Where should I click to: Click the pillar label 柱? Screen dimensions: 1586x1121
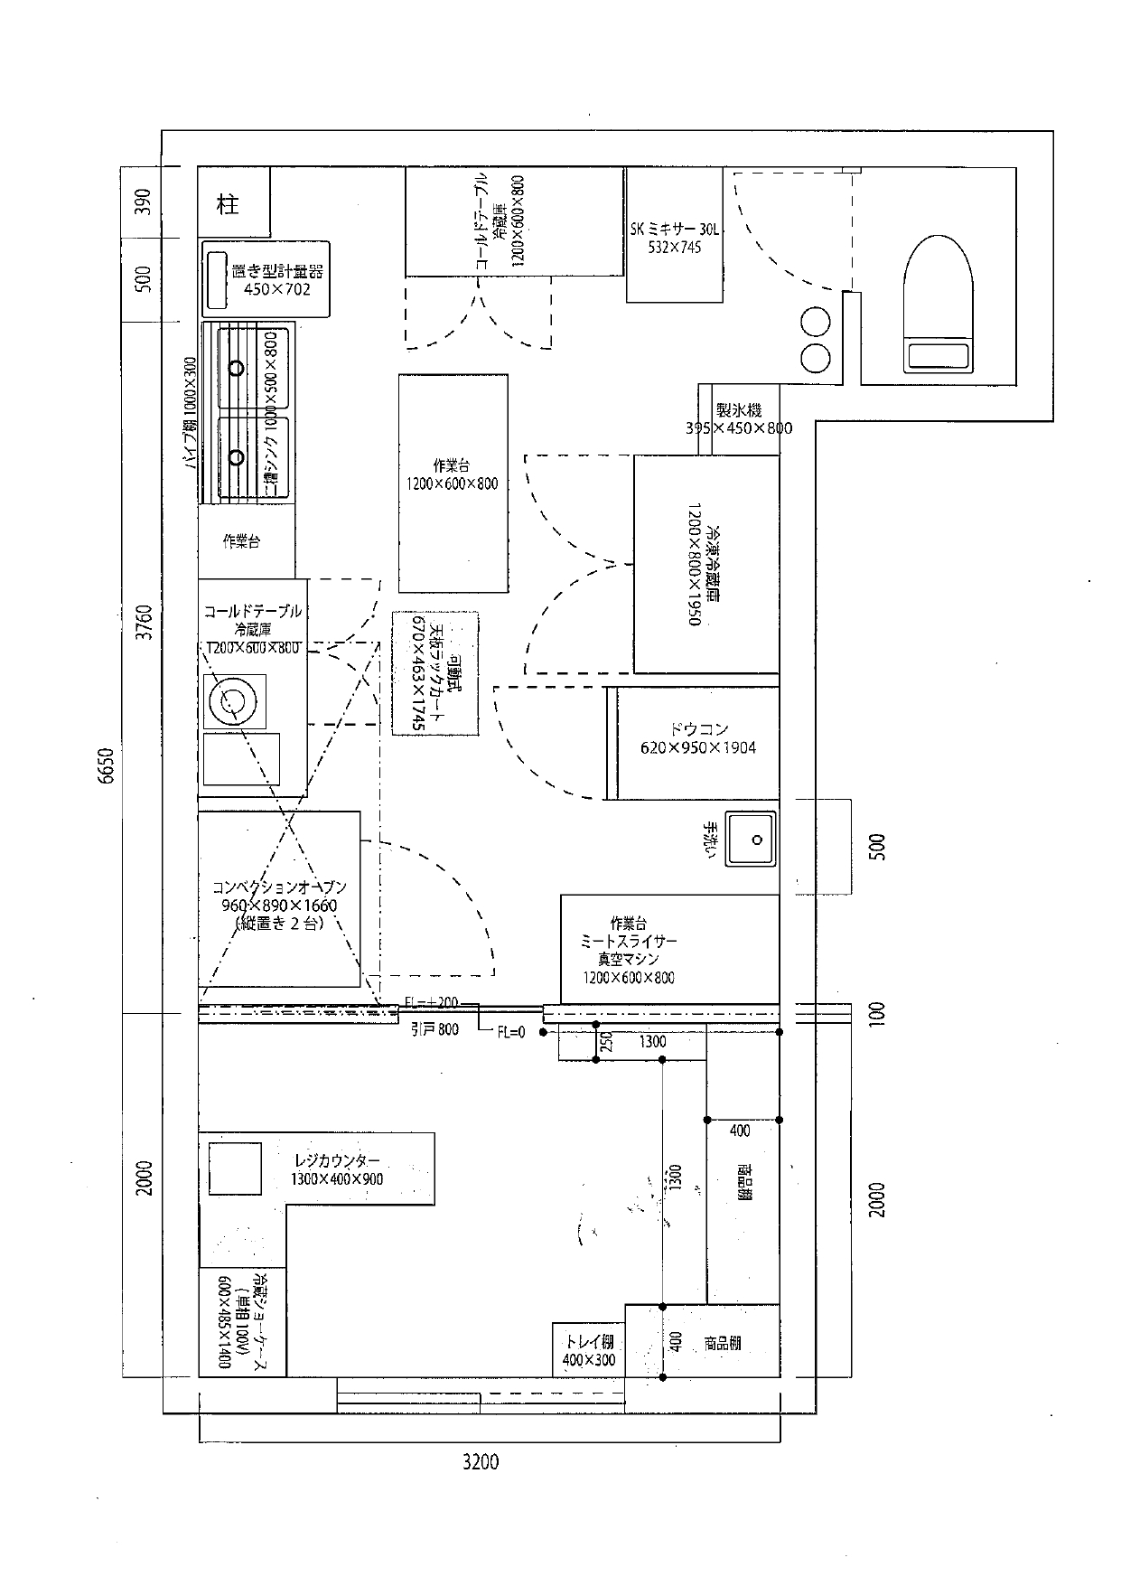coord(229,204)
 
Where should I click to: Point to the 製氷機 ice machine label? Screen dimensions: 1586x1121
coord(738,411)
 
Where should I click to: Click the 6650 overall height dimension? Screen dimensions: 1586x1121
coord(107,766)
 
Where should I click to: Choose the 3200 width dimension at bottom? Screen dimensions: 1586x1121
coord(480,1461)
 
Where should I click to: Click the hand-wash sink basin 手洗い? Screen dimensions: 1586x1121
coord(752,840)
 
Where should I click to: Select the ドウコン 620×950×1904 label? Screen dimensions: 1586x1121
coord(698,738)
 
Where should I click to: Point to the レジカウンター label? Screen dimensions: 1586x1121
coord(337,1160)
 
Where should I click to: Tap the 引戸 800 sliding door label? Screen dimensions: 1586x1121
coord(434,1028)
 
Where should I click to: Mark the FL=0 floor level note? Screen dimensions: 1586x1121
coord(510,1032)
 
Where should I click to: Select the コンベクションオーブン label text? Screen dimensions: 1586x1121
coord(279,887)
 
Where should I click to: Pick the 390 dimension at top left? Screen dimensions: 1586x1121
coord(144,202)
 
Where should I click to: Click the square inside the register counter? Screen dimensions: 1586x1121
coord(235,1168)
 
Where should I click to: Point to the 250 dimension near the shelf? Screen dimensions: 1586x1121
coord(607,1044)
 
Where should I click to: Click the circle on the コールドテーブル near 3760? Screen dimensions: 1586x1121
coord(234,701)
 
